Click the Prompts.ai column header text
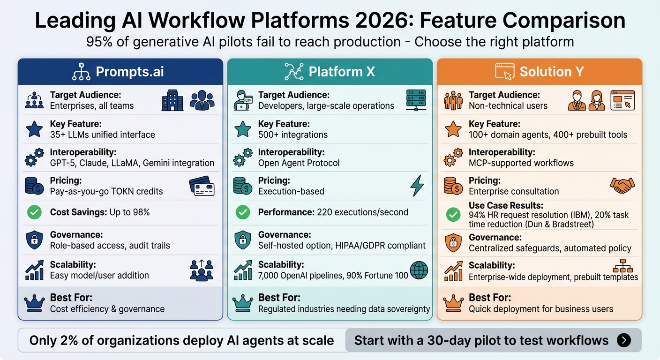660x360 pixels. tap(130, 72)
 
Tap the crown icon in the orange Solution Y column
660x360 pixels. tap(453, 303)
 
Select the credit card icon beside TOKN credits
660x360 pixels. tap(202, 186)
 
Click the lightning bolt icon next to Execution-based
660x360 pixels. tap(417, 186)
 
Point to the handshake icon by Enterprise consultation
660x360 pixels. tap(622, 186)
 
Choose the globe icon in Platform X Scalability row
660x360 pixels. tap(418, 270)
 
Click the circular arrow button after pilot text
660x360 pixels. tap(623, 340)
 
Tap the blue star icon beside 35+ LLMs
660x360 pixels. tap(34, 129)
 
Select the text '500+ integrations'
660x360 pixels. tap(293, 135)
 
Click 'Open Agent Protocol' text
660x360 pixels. tap(299, 163)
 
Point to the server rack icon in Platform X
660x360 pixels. tap(416, 100)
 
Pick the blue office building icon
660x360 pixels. tap(172, 100)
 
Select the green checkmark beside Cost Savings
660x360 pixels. tap(34, 212)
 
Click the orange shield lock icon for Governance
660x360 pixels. tap(453, 242)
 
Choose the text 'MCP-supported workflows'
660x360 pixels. tap(522, 163)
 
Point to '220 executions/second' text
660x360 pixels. tap(362, 212)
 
